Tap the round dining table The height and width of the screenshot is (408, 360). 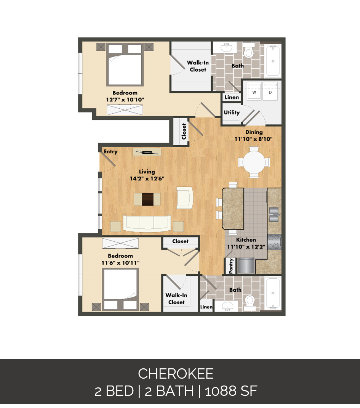(254, 162)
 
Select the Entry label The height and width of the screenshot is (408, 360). (111, 152)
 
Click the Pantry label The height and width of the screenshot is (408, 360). (231, 266)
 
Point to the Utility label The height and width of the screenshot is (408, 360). (232, 112)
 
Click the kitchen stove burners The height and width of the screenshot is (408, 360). (275, 242)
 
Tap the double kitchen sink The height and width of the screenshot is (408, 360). (274, 214)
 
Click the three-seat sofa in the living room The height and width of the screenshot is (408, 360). (147, 223)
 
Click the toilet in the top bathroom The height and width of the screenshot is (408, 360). (249, 51)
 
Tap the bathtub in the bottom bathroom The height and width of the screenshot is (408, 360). (273, 293)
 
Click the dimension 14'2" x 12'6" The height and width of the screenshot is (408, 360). (147, 178)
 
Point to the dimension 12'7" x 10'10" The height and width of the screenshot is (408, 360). (125, 100)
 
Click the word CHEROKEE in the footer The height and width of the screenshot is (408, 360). (176, 374)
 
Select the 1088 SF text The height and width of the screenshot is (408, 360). (231, 391)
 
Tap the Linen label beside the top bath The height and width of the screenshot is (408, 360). (232, 97)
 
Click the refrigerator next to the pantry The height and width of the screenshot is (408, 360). (246, 265)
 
